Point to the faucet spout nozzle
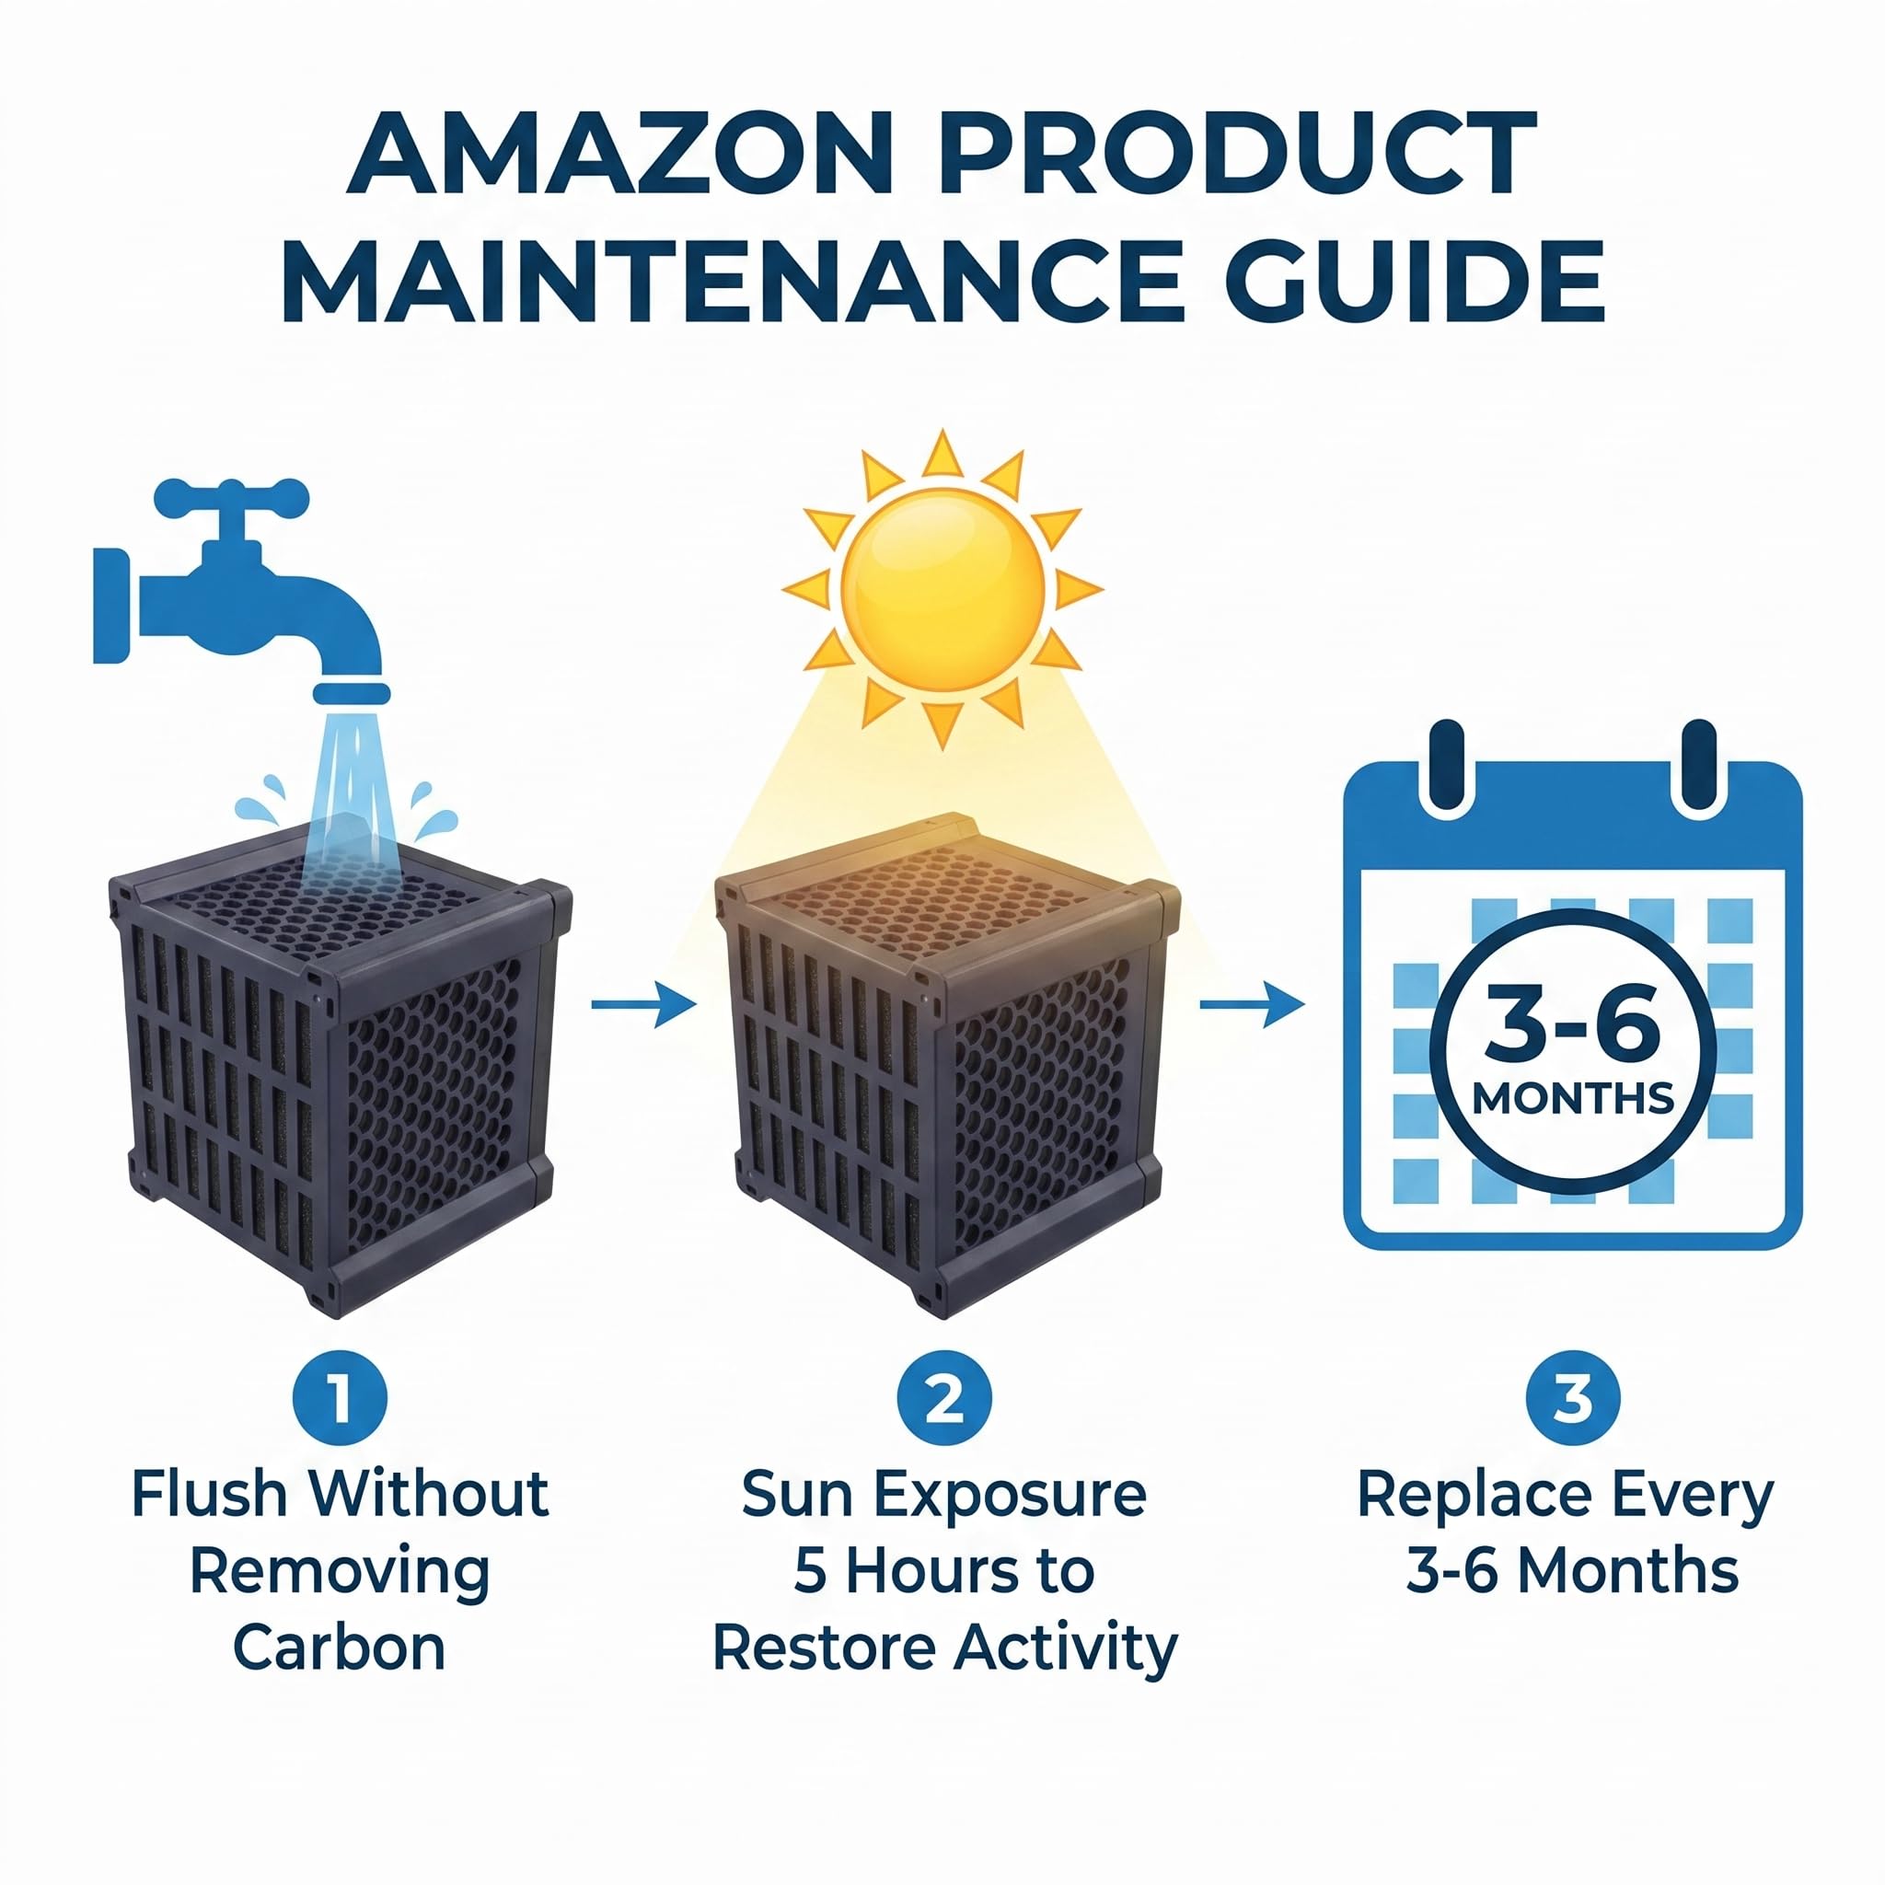(x=352, y=694)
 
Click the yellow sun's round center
(x=942, y=589)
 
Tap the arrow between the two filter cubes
(x=644, y=1003)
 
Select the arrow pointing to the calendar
(x=1252, y=1003)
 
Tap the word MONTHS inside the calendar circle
(x=1573, y=1099)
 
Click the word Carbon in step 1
(x=340, y=1648)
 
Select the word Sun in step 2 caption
(x=798, y=1494)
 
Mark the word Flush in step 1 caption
(x=210, y=1494)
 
